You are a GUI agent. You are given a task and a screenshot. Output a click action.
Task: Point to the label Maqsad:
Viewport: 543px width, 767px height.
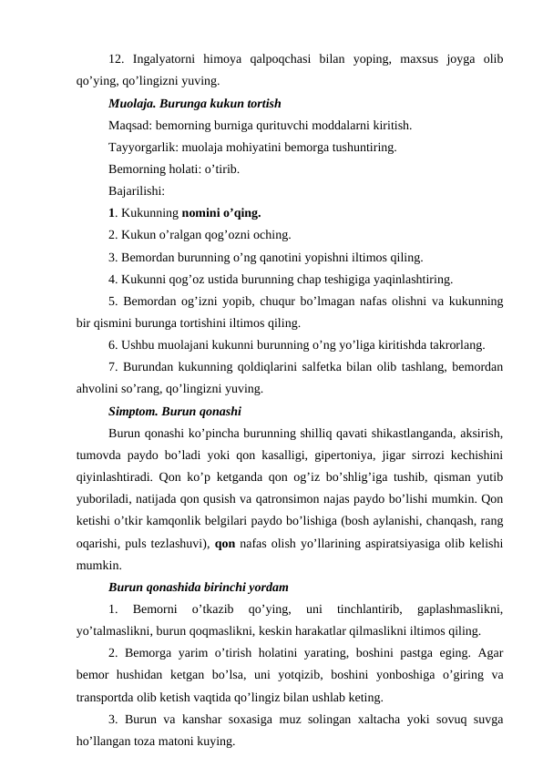coord(131,124)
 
